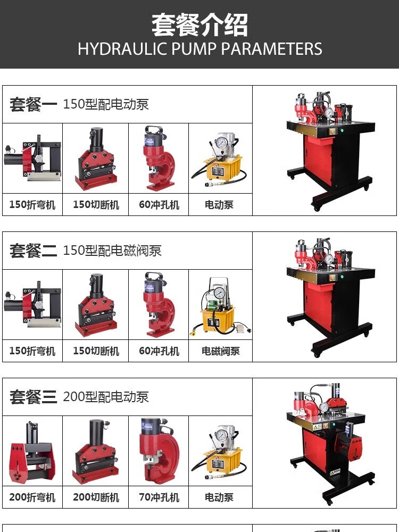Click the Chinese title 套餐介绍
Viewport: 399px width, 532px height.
click(x=199, y=25)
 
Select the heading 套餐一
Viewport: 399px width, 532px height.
click(x=33, y=104)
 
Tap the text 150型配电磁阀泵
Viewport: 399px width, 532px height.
click(x=112, y=251)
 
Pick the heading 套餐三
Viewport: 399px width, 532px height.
click(x=33, y=397)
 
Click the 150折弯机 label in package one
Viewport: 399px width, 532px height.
click(x=32, y=205)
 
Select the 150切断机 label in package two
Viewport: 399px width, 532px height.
click(x=96, y=351)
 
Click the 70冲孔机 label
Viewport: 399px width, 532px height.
click(x=159, y=497)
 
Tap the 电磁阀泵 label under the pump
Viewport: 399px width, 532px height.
click(x=221, y=351)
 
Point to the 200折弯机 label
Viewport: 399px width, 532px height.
click(x=32, y=497)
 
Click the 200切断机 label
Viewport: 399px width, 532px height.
click(x=96, y=497)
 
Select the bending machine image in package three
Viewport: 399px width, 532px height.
click(x=32, y=451)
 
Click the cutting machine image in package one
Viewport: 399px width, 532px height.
click(x=96, y=159)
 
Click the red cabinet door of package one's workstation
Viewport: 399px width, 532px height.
click(x=318, y=160)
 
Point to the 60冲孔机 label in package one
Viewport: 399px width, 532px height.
click(x=159, y=205)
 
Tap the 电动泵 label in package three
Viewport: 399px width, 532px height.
click(x=219, y=497)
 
